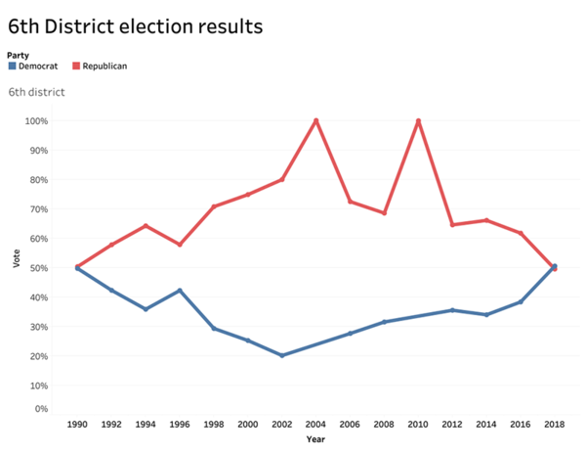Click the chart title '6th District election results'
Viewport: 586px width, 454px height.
coord(135,26)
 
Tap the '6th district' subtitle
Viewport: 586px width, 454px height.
coord(36,92)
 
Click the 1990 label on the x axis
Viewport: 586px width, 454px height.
coord(78,426)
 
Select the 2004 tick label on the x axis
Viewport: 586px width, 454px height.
coord(315,426)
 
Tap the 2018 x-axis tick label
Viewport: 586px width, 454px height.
coord(554,426)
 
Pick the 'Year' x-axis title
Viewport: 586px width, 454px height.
coord(315,439)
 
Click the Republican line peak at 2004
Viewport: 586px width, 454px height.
coord(315,120)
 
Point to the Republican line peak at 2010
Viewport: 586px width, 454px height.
coord(418,120)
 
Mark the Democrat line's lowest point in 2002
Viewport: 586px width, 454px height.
coord(281,355)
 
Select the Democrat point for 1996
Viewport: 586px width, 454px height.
coord(180,290)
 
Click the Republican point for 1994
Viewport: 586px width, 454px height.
coord(146,226)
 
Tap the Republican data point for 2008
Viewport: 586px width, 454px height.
coord(384,213)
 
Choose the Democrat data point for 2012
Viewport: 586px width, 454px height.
coord(452,310)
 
